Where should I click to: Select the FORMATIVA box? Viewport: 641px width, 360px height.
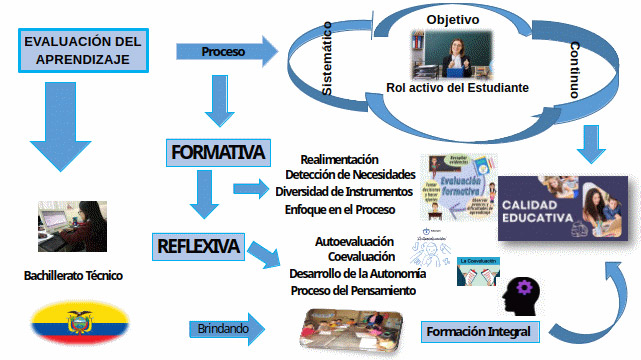pos(217,152)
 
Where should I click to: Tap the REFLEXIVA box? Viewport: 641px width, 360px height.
pos(198,245)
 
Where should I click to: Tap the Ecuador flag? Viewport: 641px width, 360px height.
pos(79,323)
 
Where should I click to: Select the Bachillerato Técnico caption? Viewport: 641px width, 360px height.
pos(74,275)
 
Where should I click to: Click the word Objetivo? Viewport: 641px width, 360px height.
pos(452,19)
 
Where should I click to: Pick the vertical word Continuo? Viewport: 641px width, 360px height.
pos(574,69)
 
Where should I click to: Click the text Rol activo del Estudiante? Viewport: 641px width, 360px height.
pos(457,88)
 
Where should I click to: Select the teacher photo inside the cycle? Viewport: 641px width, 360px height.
pos(449,53)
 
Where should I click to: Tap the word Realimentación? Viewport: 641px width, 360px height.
pos(339,159)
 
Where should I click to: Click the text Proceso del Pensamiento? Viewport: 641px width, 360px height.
pos(353,290)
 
